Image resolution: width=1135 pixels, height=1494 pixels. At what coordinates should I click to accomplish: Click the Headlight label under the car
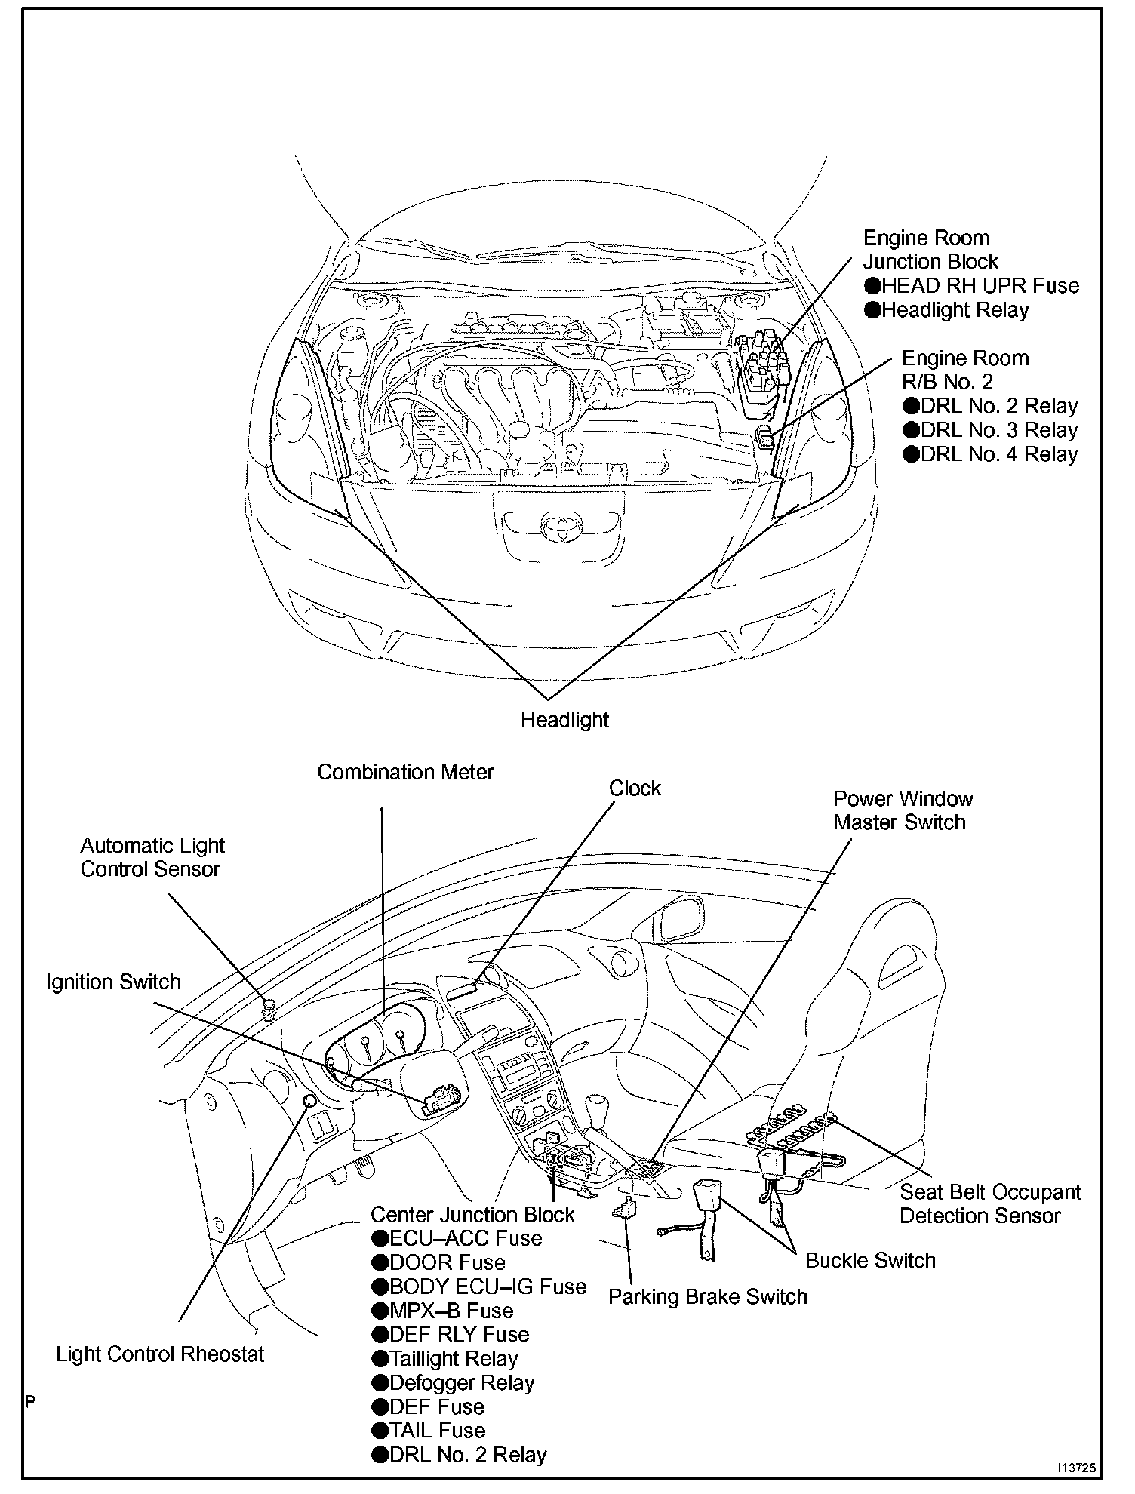pyautogui.click(x=564, y=719)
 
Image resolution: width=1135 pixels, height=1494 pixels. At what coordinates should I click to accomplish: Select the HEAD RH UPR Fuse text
pyautogui.click(x=980, y=286)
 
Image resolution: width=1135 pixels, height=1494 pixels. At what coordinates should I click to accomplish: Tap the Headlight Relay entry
pyautogui.click(x=955, y=310)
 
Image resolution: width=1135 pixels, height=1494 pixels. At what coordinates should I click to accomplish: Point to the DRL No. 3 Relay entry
pyautogui.click(x=998, y=430)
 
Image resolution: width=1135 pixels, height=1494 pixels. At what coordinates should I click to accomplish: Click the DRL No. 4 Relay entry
pyautogui.click(x=998, y=454)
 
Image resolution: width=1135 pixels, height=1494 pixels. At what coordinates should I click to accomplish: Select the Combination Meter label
pyautogui.click(x=405, y=772)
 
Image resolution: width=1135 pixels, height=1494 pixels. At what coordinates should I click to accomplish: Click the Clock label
pyautogui.click(x=635, y=788)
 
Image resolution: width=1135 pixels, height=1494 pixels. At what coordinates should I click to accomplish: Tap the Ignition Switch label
pyautogui.click(x=113, y=982)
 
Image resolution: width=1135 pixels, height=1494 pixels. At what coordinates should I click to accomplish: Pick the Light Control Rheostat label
pyautogui.click(x=160, y=1354)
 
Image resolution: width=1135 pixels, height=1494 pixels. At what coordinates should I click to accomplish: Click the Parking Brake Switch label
pyautogui.click(x=707, y=1296)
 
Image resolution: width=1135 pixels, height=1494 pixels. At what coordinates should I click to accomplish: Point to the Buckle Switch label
pyautogui.click(x=869, y=1260)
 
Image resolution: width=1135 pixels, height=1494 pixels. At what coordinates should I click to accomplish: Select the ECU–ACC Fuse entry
pyautogui.click(x=465, y=1238)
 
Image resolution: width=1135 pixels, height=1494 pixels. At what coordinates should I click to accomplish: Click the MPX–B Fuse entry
pyautogui.click(x=451, y=1311)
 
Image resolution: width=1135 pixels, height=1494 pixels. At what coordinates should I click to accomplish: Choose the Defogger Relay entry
pyautogui.click(x=461, y=1383)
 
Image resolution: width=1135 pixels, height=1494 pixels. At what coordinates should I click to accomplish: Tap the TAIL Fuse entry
pyautogui.click(x=437, y=1431)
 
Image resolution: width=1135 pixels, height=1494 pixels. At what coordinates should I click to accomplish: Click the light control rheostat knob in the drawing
pyautogui.click(x=309, y=1101)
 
